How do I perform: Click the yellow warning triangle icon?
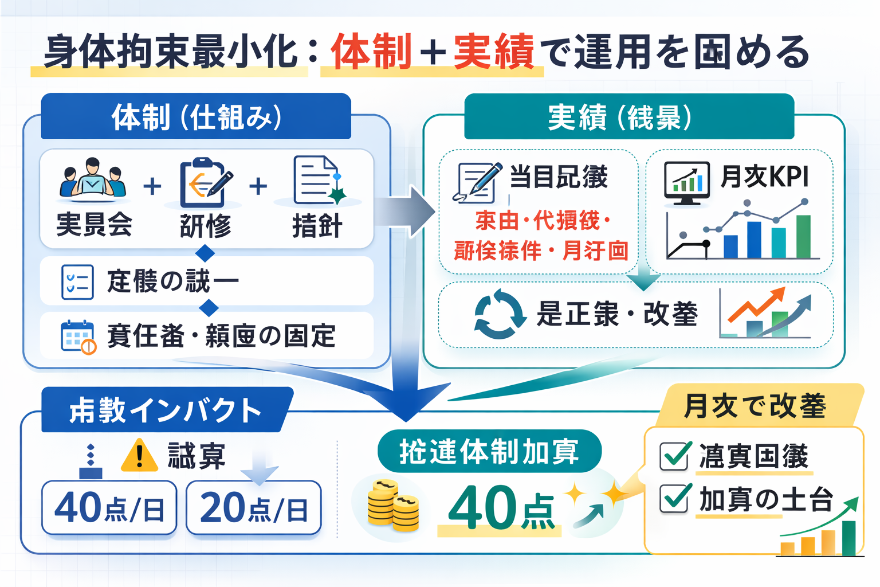coord(139,456)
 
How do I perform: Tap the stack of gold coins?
coord(393,505)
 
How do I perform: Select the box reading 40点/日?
coord(109,508)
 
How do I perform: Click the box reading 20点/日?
coord(254,508)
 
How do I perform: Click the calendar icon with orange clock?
coord(78,337)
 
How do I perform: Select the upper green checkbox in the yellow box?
coord(675,456)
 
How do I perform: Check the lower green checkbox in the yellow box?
coord(675,498)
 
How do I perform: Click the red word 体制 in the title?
coord(371,52)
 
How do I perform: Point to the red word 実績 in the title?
coord(493,52)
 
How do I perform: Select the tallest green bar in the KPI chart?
coord(803,236)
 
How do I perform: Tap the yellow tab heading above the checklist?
coord(756,405)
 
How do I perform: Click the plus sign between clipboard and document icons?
coord(258,186)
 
